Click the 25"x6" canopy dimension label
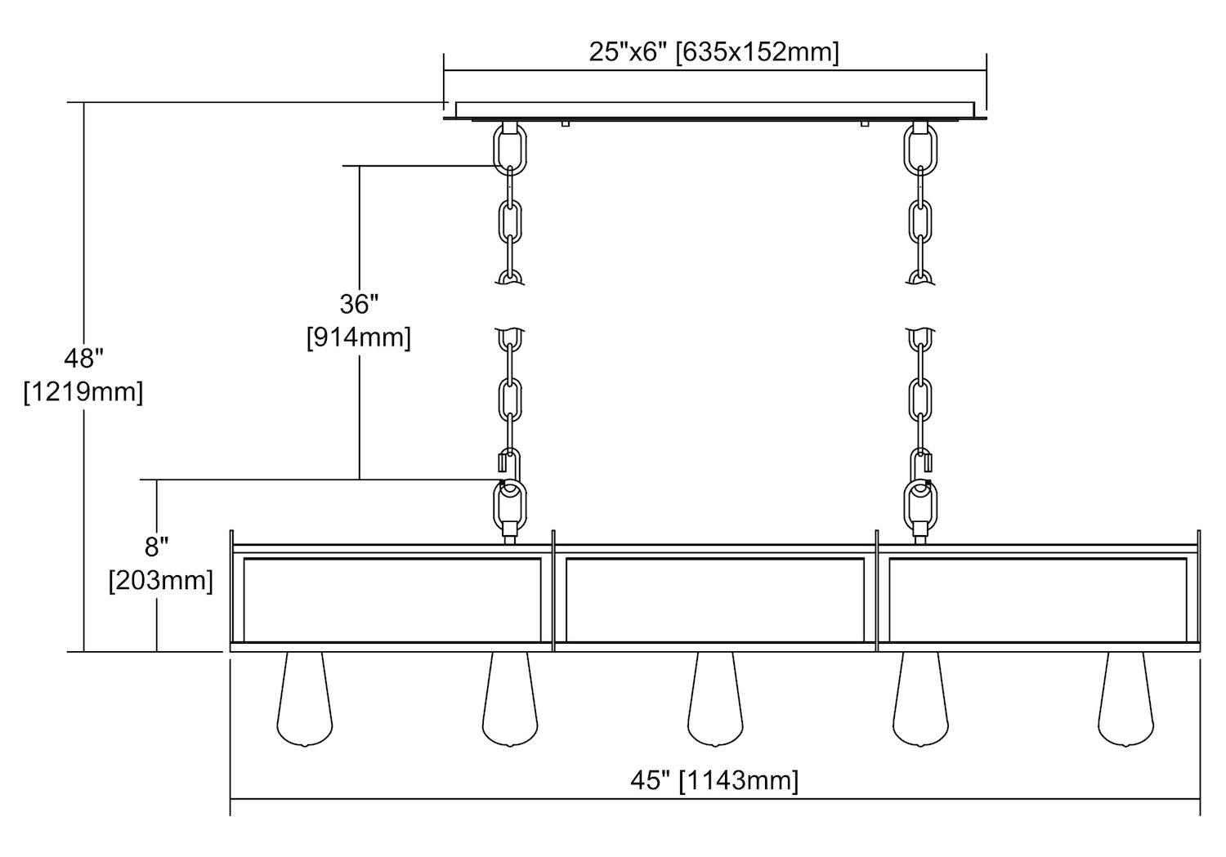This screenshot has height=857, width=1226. [x=714, y=53]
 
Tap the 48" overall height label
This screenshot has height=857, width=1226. [x=83, y=358]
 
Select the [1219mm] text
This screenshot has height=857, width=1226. [x=83, y=391]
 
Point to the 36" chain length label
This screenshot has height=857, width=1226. [x=359, y=304]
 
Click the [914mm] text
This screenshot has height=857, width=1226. [x=359, y=337]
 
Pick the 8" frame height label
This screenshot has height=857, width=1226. [x=157, y=547]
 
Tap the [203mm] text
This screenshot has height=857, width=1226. [x=161, y=580]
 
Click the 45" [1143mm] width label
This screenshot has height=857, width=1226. [x=714, y=780]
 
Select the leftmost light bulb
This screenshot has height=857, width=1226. [x=305, y=699]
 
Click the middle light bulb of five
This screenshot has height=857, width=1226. [x=715, y=699]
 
